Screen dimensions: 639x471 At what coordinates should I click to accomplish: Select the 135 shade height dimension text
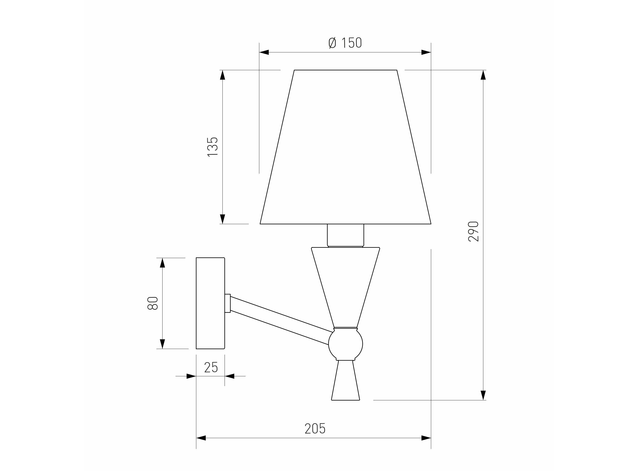point(212,147)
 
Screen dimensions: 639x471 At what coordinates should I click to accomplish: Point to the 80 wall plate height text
point(153,303)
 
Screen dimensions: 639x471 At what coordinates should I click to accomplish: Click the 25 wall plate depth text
point(211,367)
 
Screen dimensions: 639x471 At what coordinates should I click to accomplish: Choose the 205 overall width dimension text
point(315,436)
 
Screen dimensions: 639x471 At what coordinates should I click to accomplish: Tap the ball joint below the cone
point(345,344)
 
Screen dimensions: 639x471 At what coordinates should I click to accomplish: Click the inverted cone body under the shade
point(345,287)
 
